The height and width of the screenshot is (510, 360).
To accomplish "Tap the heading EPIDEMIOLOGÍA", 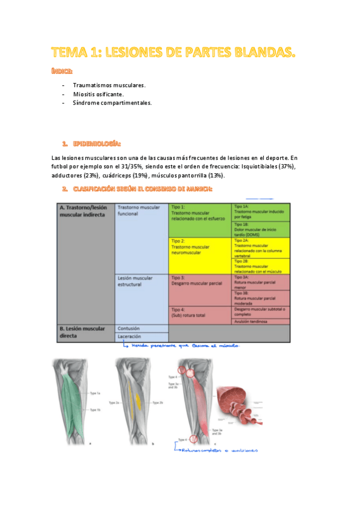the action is coord(97,144).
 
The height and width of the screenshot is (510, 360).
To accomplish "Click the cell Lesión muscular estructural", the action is coord(141,281).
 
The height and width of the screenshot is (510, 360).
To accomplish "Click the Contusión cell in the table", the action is coord(141,328).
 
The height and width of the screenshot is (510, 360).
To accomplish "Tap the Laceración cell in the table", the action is coord(141,337).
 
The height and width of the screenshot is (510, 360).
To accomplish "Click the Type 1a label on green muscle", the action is coord(94,393).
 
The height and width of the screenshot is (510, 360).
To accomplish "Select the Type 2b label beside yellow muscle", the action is coord(158,402).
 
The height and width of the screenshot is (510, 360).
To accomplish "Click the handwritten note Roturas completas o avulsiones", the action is coord(219,449).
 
